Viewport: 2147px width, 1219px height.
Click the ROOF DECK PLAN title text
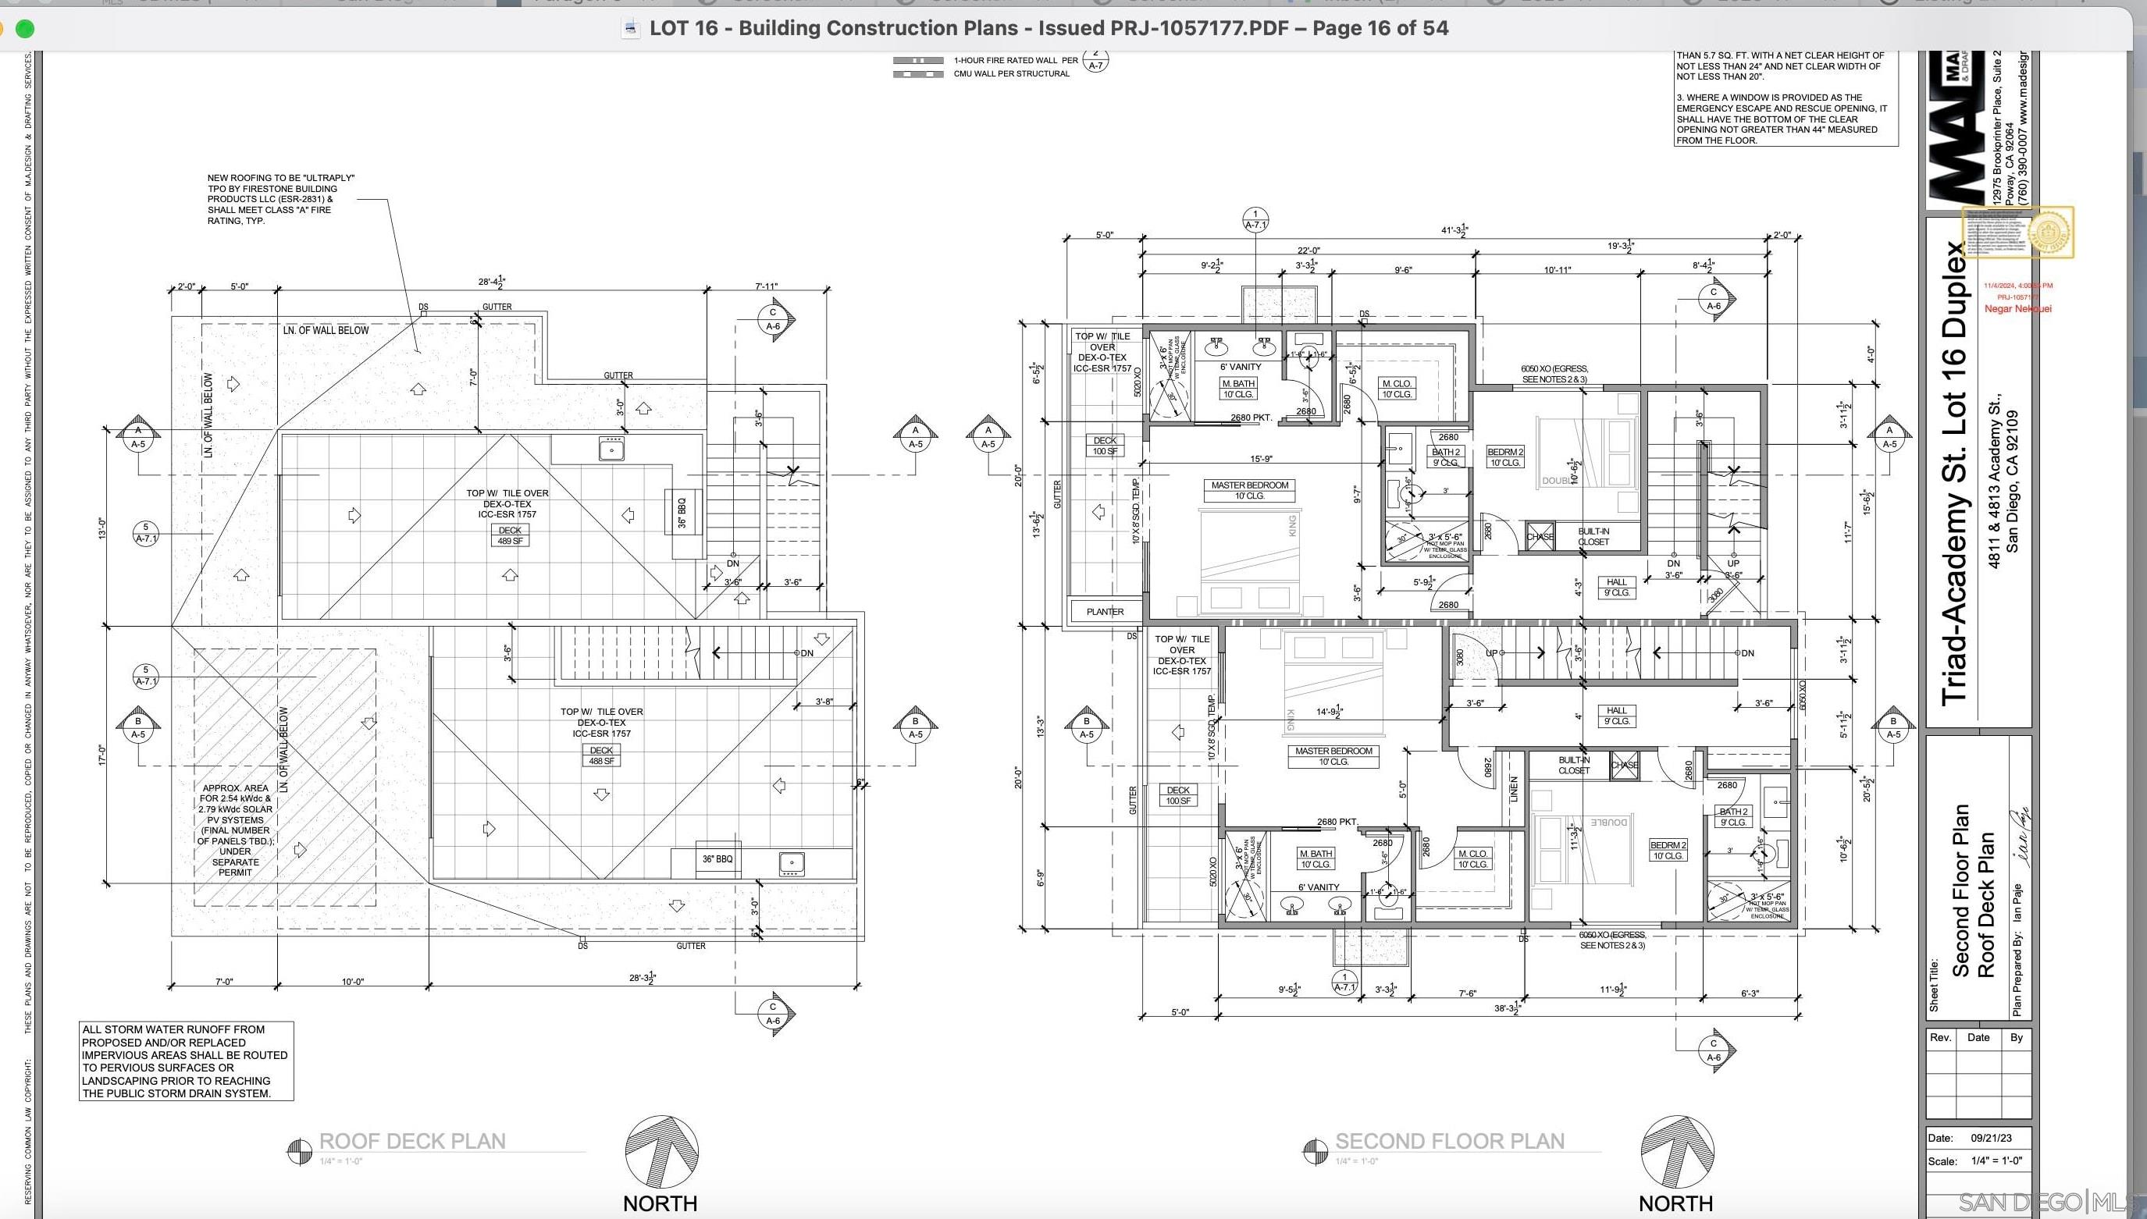[x=412, y=1141]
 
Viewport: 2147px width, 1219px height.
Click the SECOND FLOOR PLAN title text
[x=1450, y=1141]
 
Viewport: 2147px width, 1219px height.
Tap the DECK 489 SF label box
[x=510, y=536]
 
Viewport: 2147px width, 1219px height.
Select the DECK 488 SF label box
[x=601, y=756]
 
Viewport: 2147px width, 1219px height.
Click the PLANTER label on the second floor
[x=1105, y=612]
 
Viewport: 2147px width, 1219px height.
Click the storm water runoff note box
[x=186, y=1061]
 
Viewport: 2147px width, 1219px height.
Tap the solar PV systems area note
[x=235, y=830]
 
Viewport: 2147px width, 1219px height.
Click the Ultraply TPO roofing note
[x=280, y=199]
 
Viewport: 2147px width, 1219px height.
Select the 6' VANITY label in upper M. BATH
[x=1240, y=367]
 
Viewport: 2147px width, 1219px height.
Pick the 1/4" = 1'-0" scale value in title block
[x=1996, y=1161]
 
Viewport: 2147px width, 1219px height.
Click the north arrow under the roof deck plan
[x=660, y=1152]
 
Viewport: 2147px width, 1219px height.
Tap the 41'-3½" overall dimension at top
[x=1454, y=230]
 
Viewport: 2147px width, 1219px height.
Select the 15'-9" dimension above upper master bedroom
[x=1261, y=459]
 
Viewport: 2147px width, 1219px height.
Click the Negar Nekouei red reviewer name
[x=2017, y=309]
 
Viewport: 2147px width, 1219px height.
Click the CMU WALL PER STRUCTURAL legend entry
[x=1011, y=73]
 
